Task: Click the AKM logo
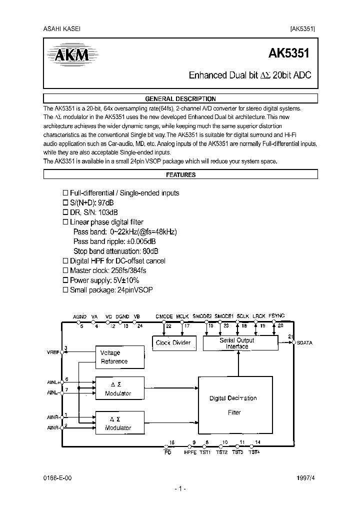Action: [68, 53]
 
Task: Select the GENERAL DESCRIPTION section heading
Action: [180, 99]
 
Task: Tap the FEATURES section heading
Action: [180, 175]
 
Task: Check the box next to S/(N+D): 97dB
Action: [64, 202]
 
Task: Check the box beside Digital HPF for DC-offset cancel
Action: [64, 261]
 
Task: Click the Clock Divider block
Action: [173, 343]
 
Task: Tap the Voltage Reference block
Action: [114, 357]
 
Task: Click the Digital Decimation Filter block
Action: [233, 405]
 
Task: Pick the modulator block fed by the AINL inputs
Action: [118, 389]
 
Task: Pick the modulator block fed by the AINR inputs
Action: [118, 423]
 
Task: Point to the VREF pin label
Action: [53, 352]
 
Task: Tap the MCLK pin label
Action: [182, 316]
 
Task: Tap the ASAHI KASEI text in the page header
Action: [62, 29]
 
